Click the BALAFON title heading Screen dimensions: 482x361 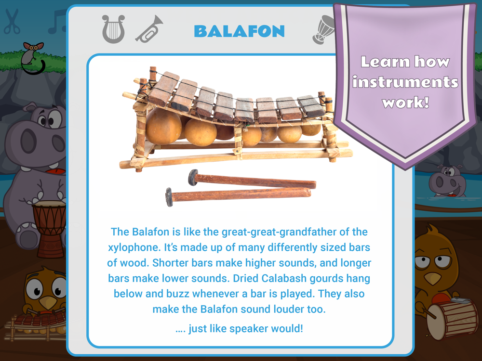click(239, 31)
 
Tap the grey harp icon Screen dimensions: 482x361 click(113, 29)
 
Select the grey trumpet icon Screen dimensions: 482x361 click(149, 29)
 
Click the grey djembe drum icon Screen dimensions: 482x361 click(323, 29)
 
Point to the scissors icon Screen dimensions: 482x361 click(12, 21)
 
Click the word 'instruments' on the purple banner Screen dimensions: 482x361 click(405, 82)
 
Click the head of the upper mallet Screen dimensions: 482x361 click(193, 178)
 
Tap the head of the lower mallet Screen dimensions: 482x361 click(169, 197)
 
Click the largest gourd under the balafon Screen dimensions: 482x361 click(163, 126)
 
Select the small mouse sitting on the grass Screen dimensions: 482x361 click(32, 58)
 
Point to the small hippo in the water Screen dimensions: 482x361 click(446, 180)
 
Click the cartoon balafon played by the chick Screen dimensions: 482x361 click(36, 326)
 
